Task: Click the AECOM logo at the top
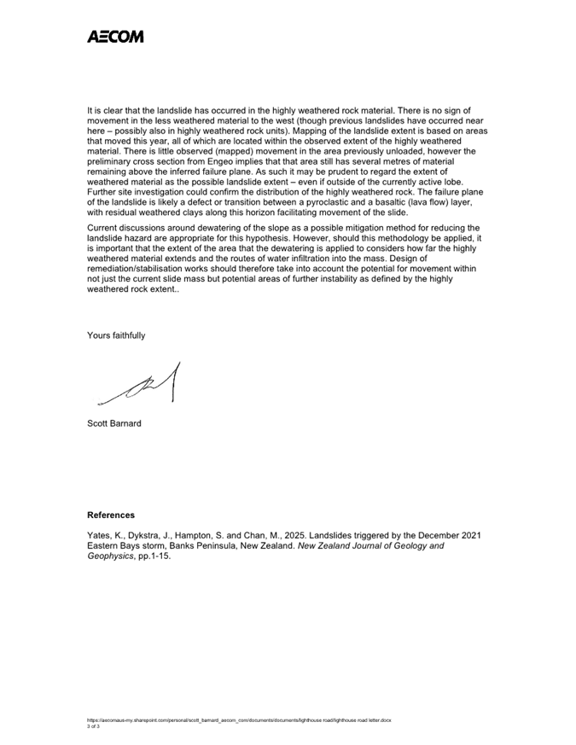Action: pos(115,37)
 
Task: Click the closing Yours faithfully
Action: pos(116,335)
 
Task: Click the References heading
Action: pos(111,515)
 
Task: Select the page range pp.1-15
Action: pos(166,556)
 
